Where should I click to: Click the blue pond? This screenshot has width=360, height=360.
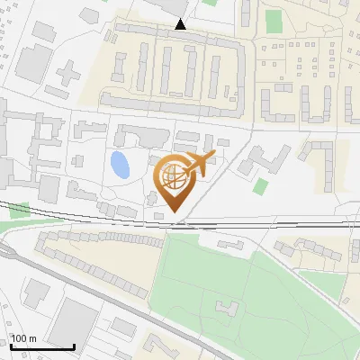[118, 165]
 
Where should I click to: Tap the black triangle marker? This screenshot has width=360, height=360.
[181, 24]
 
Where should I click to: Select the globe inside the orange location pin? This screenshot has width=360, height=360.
[173, 177]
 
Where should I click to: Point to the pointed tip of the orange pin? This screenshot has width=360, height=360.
[174, 212]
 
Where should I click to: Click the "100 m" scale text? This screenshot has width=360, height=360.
[24, 338]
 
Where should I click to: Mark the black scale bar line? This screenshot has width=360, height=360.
[42, 346]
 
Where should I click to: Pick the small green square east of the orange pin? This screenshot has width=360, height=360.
[261, 186]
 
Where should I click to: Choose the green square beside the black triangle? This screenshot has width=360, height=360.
[210, 3]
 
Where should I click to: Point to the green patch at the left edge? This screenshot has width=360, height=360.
[19, 211]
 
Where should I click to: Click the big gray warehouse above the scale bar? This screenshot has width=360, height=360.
[74, 321]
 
